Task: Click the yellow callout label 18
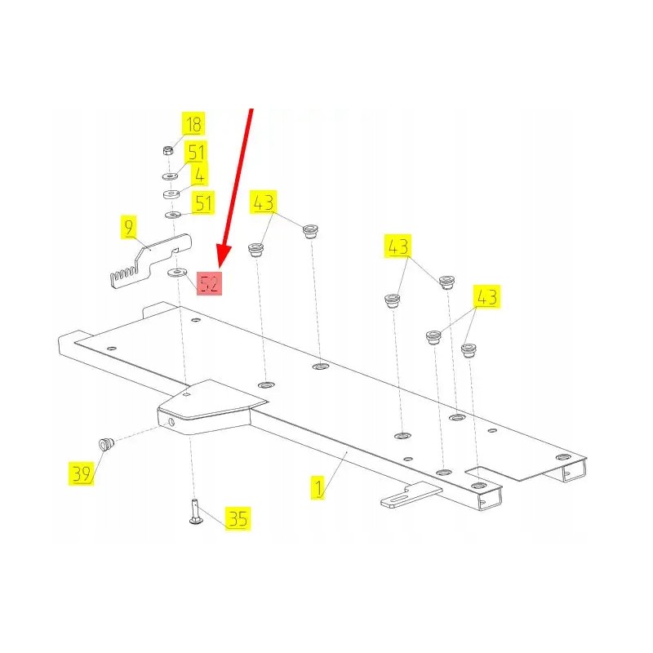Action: (193, 124)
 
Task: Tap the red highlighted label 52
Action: (209, 283)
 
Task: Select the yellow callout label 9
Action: (129, 227)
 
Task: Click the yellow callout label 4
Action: (199, 175)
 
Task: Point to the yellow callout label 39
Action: (81, 473)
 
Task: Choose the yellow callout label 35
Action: (238, 518)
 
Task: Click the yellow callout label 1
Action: (318, 487)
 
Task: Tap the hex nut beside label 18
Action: (168, 150)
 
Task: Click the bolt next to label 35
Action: (195, 511)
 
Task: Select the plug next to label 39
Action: (107, 444)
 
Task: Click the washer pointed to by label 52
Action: (177, 273)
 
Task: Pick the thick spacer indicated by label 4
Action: (171, 194)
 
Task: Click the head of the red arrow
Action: (224, 259)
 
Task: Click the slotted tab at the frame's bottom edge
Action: (411, 495)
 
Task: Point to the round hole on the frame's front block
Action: (171, 423)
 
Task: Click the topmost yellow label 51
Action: (196, 153)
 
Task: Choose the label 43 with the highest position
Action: (263, 202)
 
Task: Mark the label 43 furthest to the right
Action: (486, 297)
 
